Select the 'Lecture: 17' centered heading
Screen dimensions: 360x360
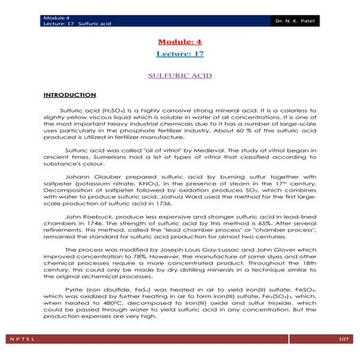pos(179,53)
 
